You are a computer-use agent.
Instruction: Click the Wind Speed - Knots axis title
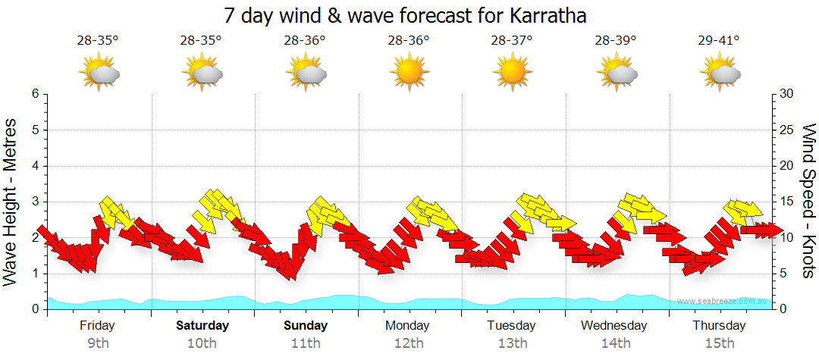[x=807, y=201]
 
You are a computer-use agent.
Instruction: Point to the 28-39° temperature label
[x=615, y=40]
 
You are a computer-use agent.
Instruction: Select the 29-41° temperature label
[x=718, y=40]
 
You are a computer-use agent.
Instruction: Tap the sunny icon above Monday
[x=409, y=73]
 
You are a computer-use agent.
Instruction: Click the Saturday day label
[x=202, y=326]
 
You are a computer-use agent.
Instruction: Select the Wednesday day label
[x=614, y=326]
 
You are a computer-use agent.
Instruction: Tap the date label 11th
[x=306, y=343]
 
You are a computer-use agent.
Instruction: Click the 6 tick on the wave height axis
[x=35, y=94]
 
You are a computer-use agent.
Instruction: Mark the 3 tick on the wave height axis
[x=35, y=202]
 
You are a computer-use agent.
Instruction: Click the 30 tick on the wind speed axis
[x=787, y=94]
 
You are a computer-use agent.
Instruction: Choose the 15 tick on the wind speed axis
[x=787, y=202]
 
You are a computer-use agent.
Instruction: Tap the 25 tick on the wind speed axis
[x=787, y=130]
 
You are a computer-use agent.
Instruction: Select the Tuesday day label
[x=511, y=326]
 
